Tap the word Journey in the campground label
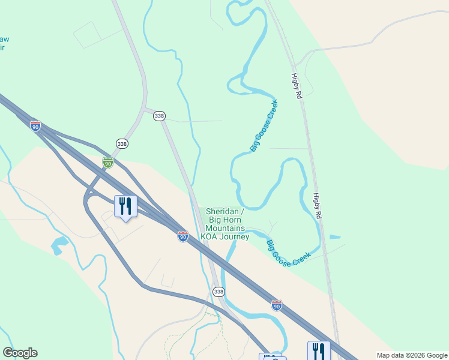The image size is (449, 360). coord(235,237)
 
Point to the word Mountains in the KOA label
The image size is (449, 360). coord(226,229)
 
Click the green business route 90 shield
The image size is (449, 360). coord(107,163)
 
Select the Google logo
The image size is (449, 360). coord(20,353)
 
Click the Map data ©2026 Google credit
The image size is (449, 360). coord(411,355)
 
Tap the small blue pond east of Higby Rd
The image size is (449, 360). coord(334,237)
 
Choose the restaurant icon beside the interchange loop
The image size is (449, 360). coord(125,206)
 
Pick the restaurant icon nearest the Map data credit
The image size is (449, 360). coord(319,351)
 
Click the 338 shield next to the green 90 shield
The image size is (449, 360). coord(122,144)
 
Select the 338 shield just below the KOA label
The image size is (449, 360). coord(219,292)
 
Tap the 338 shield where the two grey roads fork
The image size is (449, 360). coord(159,116)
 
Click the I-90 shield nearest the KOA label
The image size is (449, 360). coord(182,237)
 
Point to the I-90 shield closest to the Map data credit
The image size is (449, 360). coord(276,305)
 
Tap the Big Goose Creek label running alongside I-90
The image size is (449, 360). coord(289,254)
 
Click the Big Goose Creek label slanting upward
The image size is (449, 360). coord(264,126)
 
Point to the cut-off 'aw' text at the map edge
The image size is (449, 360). coord(4,40)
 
